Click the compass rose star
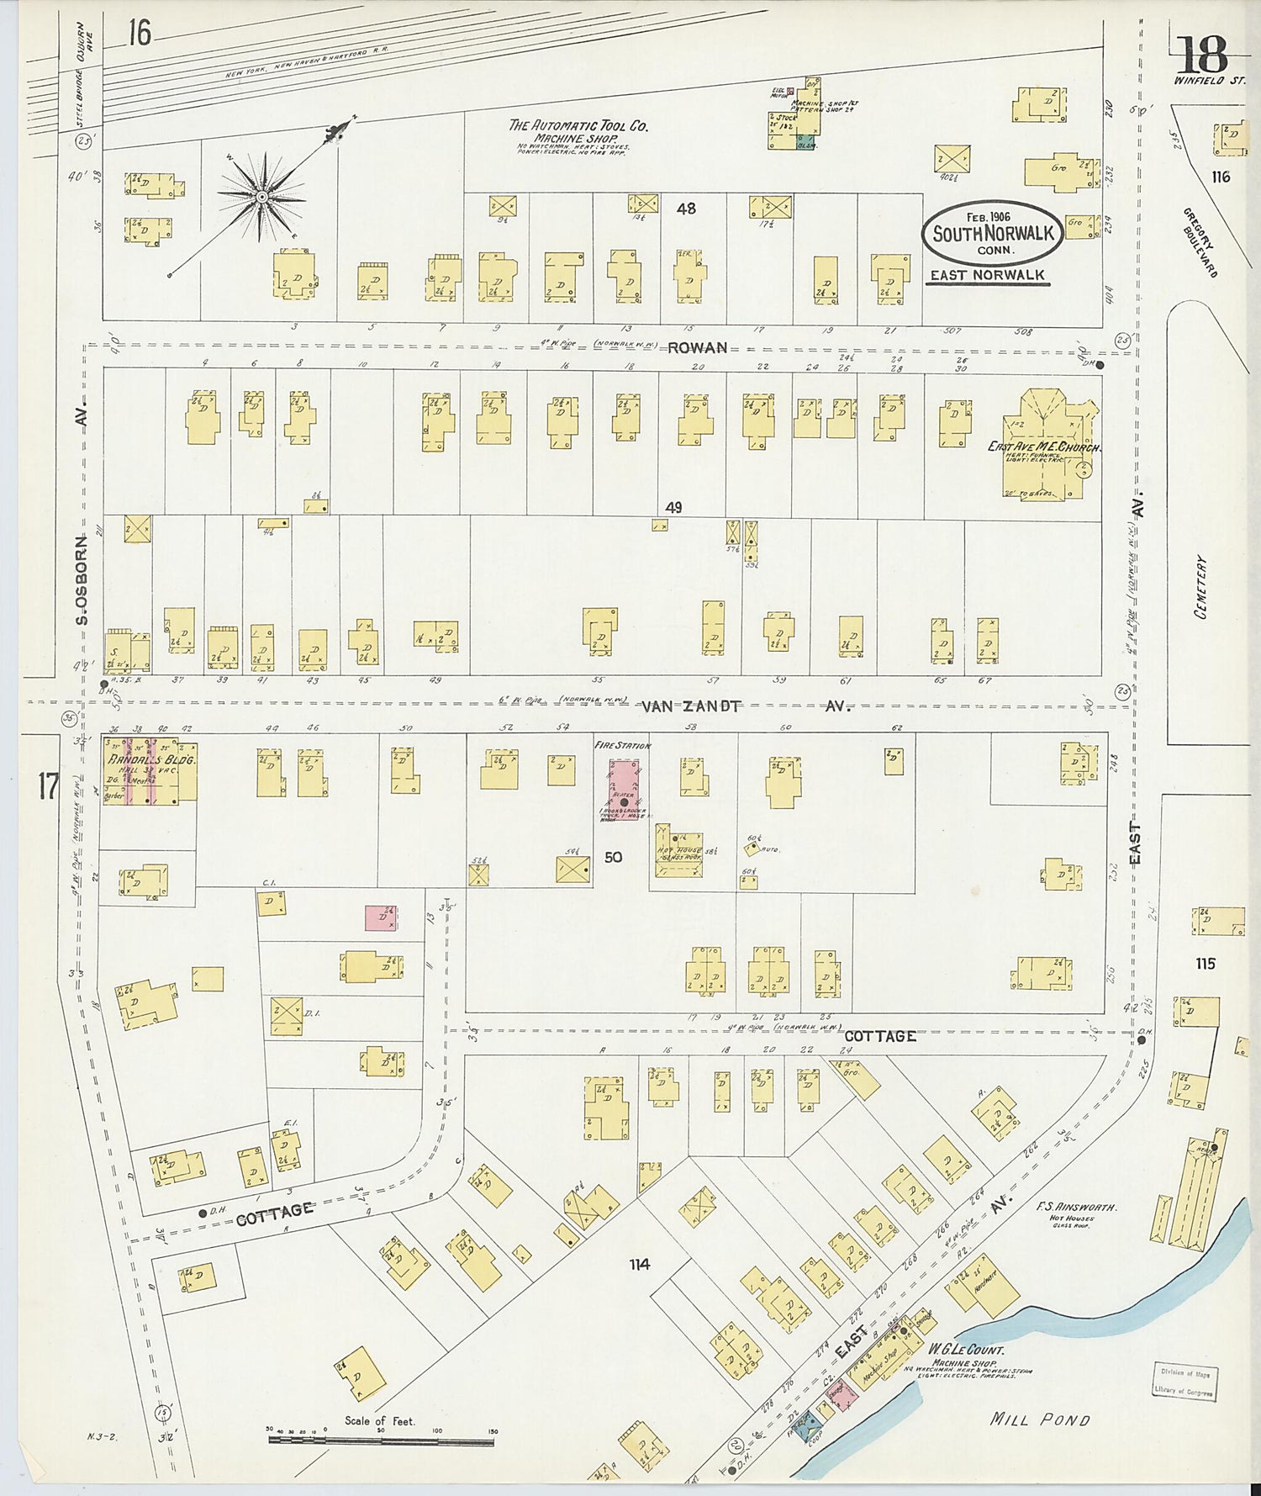pos(261,196)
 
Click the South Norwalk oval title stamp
pos(993,233)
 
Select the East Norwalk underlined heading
pos(987,275)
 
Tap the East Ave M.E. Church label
pos(1042,447)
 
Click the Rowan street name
pos(697,347)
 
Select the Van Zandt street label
pos(691,706)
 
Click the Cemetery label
pos(1200,586)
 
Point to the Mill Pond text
pos(1039,1419)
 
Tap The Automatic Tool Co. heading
pos(578,126)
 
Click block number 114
pos(639,1264)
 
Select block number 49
pos(673,507)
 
